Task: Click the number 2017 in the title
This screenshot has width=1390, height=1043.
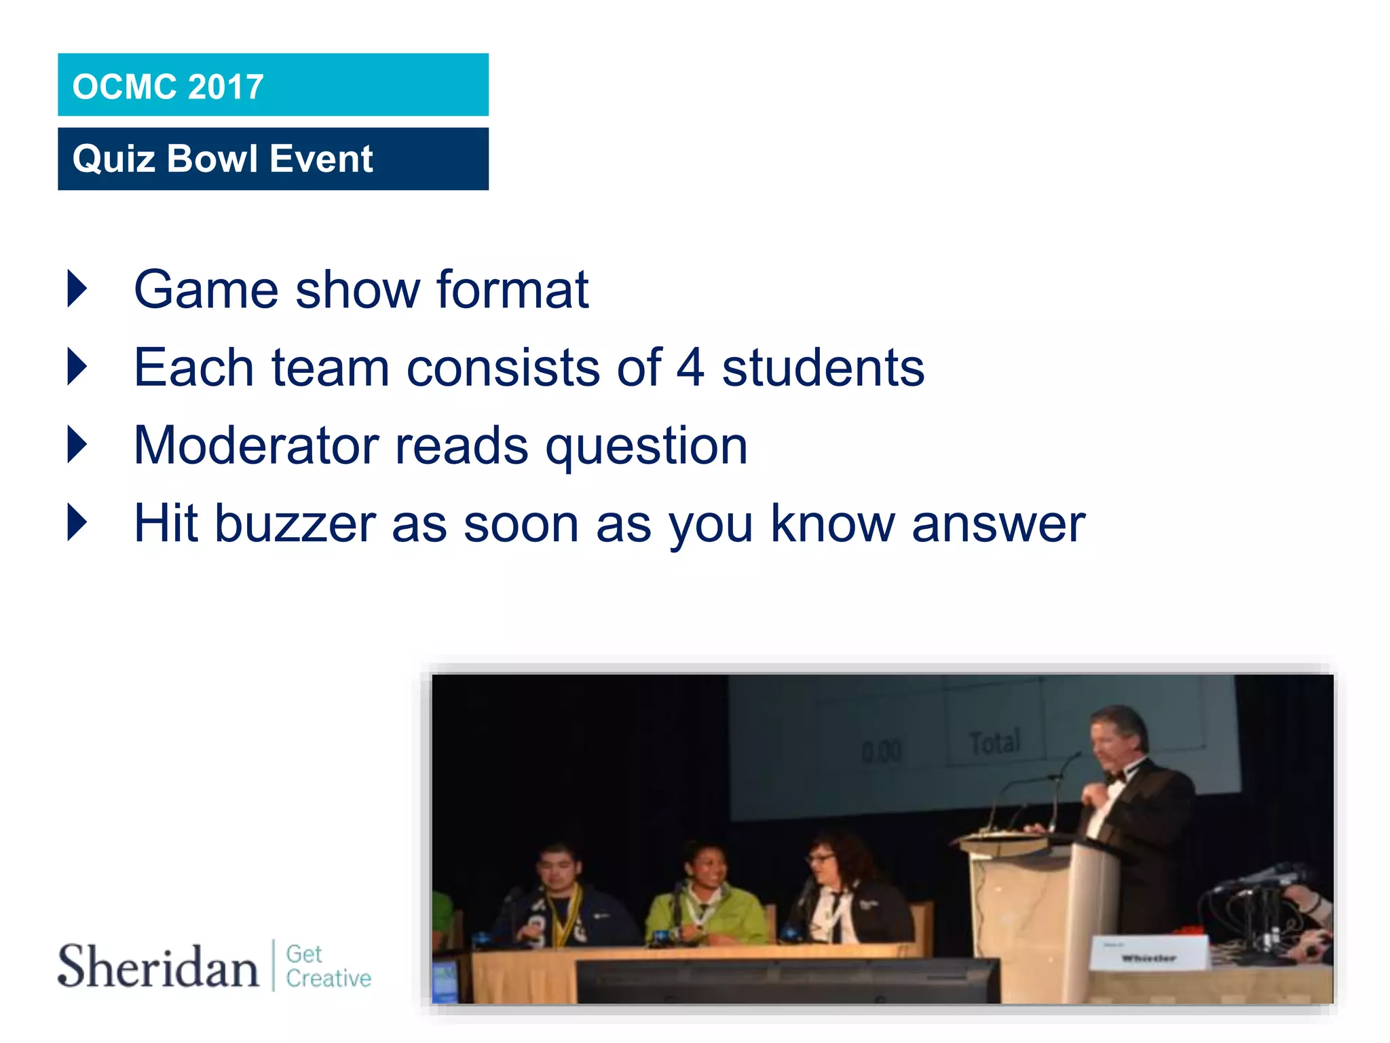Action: pyautogui.click(x=225, y=87)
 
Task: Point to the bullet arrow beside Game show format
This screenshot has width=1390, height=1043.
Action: pyautogui.click(x=77, y=289)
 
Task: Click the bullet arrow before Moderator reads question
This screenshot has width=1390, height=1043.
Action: pyautogui.click(x=77, y=445)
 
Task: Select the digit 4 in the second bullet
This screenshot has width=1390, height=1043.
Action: pyautogui.click(x=690, y=367)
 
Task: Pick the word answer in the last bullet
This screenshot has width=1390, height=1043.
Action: pyautogui.click(x=998, y=524)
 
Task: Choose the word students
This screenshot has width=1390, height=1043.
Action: pyautogui.click(x=823, y=367)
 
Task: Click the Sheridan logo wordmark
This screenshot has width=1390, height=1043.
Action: pyautogui.click(x=158, y=966)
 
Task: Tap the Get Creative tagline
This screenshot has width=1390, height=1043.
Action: pyautogui.click(x=328, y=966)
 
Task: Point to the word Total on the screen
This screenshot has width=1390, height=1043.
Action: pyautogui.click(x=994, y=742)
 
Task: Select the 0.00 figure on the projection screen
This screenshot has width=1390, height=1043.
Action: pyautogui.click(x=882, y=751)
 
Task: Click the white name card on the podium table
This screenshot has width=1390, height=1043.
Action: pyautogui.click(x=1148, y=952)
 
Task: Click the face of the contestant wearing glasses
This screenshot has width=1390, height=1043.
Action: pyautogui.click(x=823, y=864)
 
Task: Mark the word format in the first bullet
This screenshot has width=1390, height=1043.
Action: pyautogui.click(x=512, y=289)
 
